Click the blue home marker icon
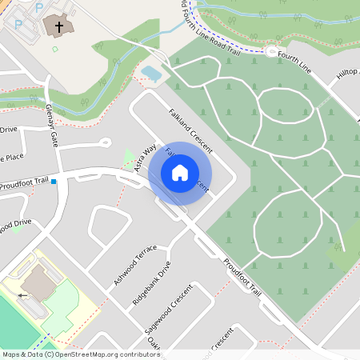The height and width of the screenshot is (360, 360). pos(180,172)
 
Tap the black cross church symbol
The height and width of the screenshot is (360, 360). pos(58,27)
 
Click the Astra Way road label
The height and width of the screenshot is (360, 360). pos(145,158)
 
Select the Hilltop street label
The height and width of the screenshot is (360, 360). pos(346,74)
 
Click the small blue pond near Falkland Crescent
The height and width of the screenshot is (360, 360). pos(150,74)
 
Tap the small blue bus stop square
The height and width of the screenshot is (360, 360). pos(54,182)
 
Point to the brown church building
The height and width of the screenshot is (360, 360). pos(58,27)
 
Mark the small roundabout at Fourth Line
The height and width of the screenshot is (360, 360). pos(272,52)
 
